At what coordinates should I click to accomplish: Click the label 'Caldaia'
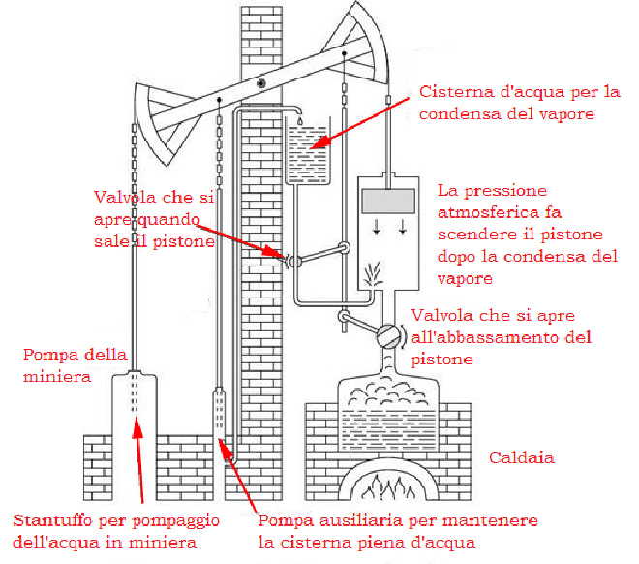click(x=521, y=456)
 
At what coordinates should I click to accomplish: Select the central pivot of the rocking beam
click(x=260, y=85)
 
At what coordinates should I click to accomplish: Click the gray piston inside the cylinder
click(x=386, y=201)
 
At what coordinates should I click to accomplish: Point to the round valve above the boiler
click(x=385, y=333)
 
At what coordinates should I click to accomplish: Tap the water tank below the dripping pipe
click(x=311, y=155)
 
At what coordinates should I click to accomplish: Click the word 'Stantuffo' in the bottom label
click(x=49, y=521)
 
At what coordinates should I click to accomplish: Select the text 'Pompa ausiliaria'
click(x=319, y=521)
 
